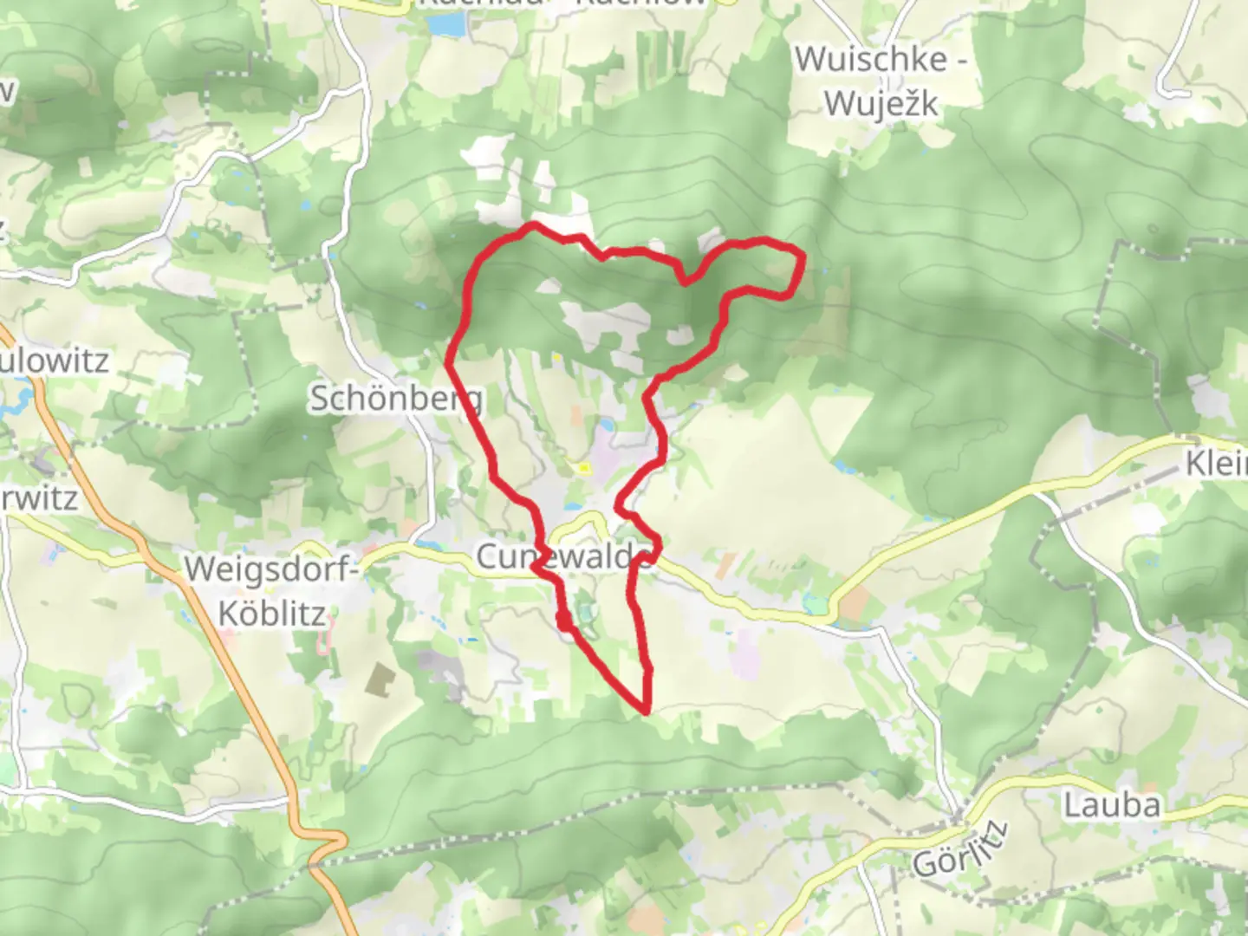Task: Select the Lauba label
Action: [1111, 805]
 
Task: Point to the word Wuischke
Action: [881, 60]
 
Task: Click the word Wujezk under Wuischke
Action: [881, 104]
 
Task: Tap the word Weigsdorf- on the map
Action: [271, 570]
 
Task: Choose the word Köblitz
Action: [271, 614]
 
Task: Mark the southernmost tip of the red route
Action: [646, 711]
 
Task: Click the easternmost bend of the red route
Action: [803, 256]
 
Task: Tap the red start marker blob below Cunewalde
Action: [564, 621]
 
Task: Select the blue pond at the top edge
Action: [445, 24]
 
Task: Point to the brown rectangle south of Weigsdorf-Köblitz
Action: [379, 679]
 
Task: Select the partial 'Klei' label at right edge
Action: [1217, 464]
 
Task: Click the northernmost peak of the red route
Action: [534, 225]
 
